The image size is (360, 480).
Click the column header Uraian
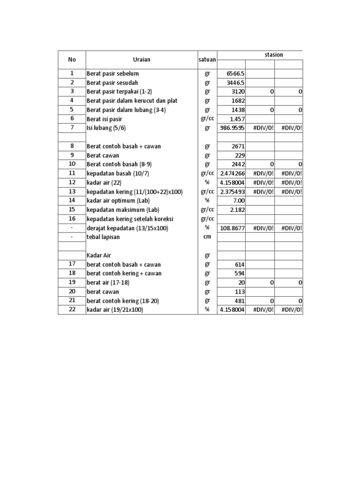tap(141, 60)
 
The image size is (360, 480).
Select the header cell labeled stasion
tap(274, 55)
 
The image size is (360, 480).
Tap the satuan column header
tap(207, 60)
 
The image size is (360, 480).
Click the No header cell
tap(72, 60)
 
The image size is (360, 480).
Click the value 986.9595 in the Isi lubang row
tap(232, 128)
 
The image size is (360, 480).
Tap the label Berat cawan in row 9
tap(103, 155)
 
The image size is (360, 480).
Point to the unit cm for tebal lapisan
tap(207, 237)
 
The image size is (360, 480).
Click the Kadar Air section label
tap(99, 255)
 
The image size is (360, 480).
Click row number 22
tap(72, 310)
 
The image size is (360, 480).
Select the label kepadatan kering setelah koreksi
tap(127, 219)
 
